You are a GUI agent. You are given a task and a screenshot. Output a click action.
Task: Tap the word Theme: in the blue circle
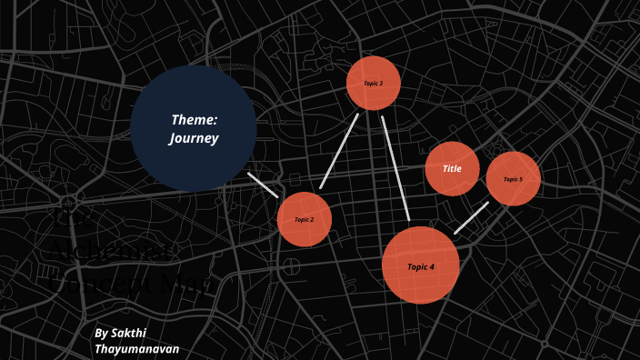[x=194, y=119]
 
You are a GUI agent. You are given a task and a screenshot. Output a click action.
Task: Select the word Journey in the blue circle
[x=194, y=139]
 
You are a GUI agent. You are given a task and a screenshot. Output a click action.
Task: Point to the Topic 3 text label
[x=374, y=84]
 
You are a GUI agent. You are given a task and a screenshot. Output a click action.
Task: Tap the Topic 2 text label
[x=305, y=220]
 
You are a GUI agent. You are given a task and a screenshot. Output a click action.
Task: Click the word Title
[x=452, y=169]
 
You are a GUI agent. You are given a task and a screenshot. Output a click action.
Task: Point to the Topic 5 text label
[x=514, y=180]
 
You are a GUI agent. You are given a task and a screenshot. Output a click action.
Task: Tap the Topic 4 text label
[x=421, y=267]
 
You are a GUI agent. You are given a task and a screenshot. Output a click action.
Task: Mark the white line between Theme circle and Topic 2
[x=263, y=185]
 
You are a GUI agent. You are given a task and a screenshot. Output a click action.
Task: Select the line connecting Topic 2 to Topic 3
[x=339, y=151]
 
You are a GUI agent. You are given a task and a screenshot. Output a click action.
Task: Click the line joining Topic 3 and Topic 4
[x=395, y=168]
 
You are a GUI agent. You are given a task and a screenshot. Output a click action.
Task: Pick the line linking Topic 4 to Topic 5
[x=471, y=218]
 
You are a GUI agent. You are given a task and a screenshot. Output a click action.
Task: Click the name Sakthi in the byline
[x=128, y=334]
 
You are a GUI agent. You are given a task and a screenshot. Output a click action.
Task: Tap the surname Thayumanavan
[x=137, y=349]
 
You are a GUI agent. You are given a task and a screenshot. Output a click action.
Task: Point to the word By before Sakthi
[x=101, y=334]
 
